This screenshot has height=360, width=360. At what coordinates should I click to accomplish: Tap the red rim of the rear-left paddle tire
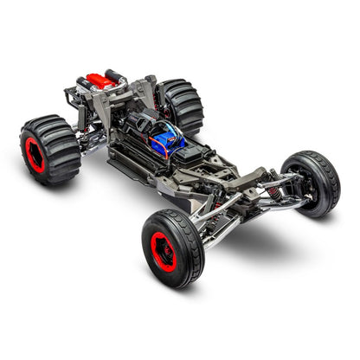tap(35, 154)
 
